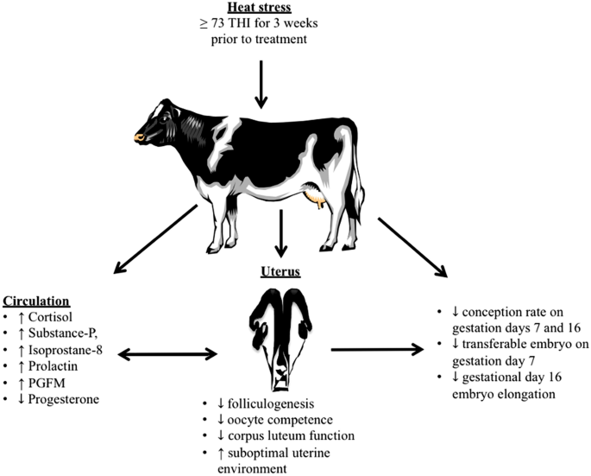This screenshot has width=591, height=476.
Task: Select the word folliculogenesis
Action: (x=261, y=404)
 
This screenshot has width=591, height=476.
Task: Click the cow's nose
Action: (x=139, y=136)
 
